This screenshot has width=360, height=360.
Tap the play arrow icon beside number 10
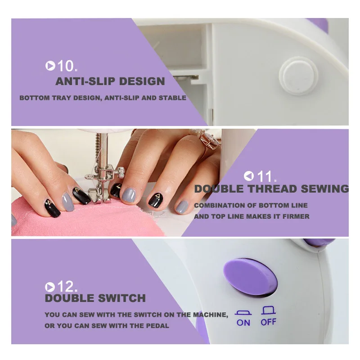coord(50,66)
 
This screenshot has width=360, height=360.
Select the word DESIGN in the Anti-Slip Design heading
coord(142,81)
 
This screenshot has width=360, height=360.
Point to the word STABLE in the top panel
coord(172,98)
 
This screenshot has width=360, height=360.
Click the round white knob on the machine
coord(298,76)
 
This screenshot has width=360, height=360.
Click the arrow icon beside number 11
coord(249,176)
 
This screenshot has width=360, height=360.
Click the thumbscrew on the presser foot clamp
coord(121,172)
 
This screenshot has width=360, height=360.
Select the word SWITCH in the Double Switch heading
coord(122,298)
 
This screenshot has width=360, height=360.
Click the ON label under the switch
coord(243,323)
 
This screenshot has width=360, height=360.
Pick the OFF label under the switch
coord(268,322)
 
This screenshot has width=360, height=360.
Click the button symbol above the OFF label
coord(268,310)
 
